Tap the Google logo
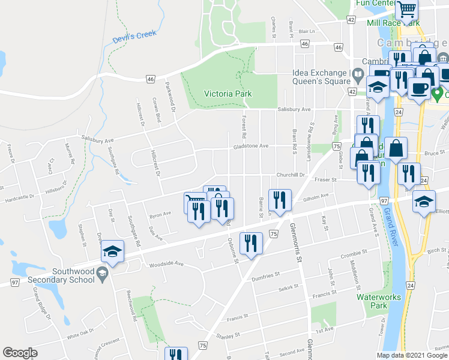[x=20, y=353]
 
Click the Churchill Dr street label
[x=291, y=175]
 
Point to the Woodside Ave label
[x=166, y=264]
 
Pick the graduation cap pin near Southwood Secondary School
[x=112, y=253]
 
